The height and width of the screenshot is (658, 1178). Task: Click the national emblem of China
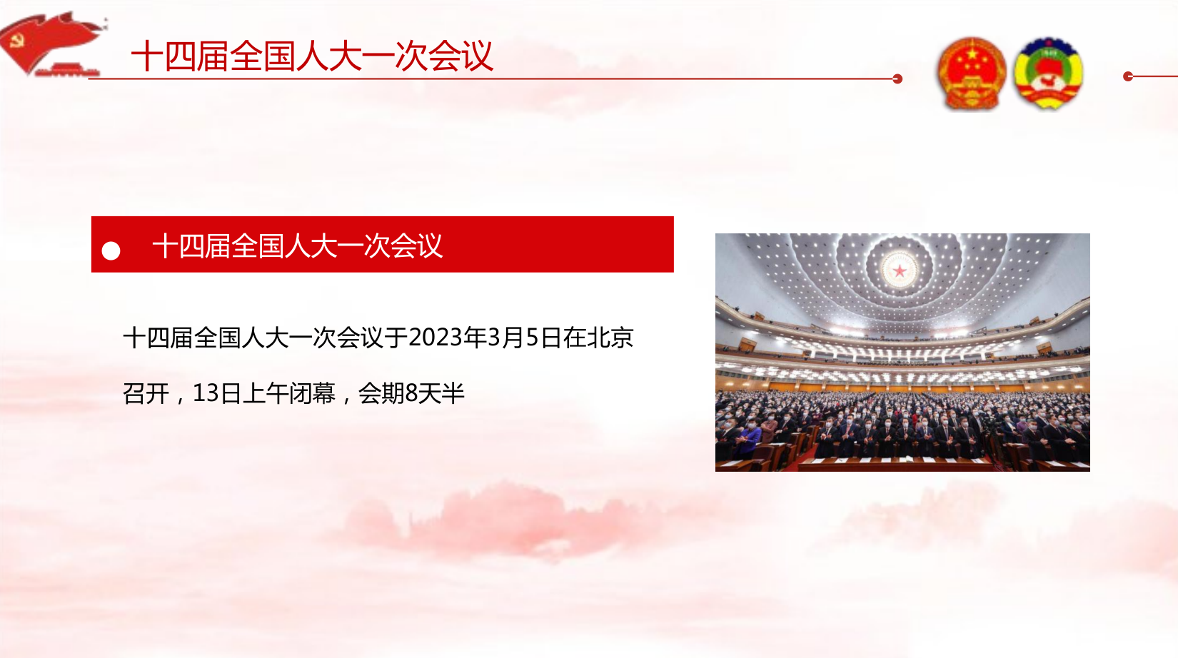[x=972, y=73]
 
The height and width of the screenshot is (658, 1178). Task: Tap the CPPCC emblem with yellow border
[x=1048, y=73]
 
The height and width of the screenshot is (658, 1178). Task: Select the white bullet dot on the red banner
[x=111, y=250]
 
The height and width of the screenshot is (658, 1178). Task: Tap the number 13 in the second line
[x=206, y=393]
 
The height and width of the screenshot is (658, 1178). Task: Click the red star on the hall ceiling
[x=900, y=271]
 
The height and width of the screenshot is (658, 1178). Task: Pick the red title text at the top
[x=312, y=56]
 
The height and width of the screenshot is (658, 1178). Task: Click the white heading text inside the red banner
[x=298, y=246]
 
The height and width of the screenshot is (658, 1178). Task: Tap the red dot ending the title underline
[x=897, y=79]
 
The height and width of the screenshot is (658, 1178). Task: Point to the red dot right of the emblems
[x=1128, y=77]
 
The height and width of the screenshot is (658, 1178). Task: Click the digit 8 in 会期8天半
[x=411, y=393]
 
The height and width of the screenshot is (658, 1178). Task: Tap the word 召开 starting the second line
[x=146, y=393]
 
